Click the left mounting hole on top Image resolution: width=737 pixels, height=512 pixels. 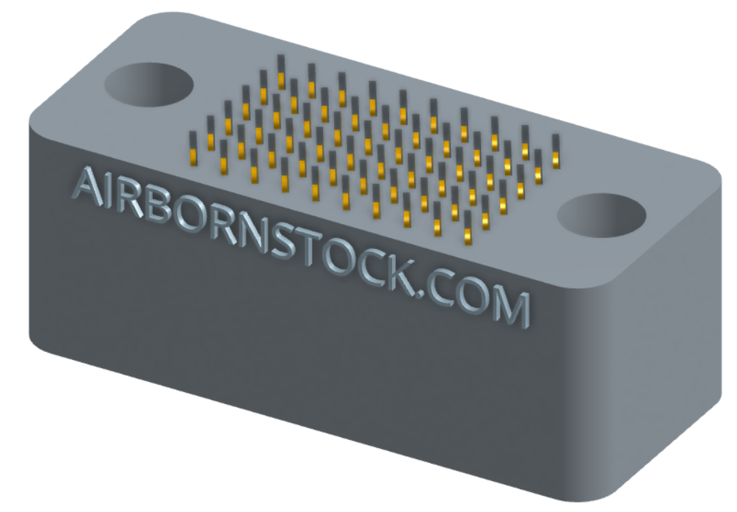click(148, 83)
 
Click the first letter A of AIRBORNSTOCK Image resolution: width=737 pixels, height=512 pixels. click(87, 186)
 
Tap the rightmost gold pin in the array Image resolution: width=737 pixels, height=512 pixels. click(556, 156)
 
